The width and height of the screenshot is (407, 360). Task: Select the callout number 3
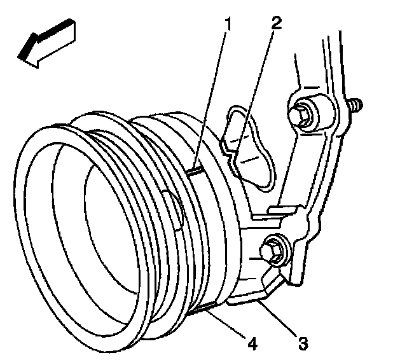click(x=303, y=343)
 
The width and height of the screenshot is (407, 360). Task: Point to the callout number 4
click(x=252, y=343)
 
